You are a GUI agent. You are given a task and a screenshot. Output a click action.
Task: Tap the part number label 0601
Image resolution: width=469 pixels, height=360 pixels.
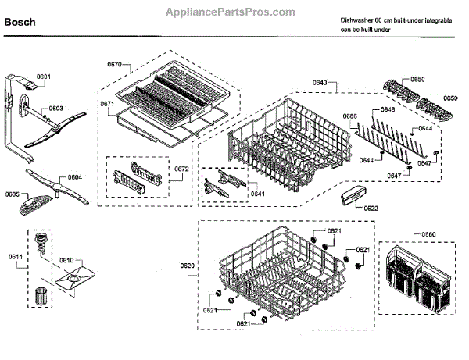pyautogui.click(x=44, y=77)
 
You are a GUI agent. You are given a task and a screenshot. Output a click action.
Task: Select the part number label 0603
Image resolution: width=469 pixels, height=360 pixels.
pyautogui.click(x=55, y=109)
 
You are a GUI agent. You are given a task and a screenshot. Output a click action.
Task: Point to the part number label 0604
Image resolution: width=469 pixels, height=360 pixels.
pyautogui.click(x=75, y=176)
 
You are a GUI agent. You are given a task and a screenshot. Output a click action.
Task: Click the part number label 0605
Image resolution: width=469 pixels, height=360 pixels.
pyautogui.click(x=13, y=194)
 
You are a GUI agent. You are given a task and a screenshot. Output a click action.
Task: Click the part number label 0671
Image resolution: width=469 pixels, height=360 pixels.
pyautogui.click(x=107, y=102)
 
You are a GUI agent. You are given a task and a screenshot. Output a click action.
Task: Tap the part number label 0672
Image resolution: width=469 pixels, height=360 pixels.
pyautogui.click(x=181, y=169)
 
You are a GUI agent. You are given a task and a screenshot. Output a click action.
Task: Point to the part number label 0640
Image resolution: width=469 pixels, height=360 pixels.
pyautogui.click(x=320, y=83)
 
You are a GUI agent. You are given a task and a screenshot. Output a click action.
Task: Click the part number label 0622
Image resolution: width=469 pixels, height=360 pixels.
pyautogui.click(x=371, y=208)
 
